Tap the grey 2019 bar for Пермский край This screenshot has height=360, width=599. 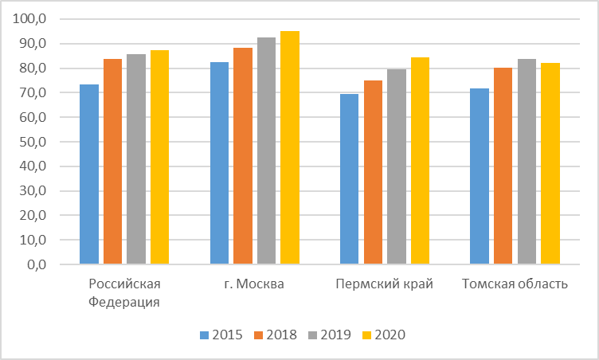click(x=397, y=166)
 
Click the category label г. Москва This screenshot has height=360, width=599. click(x=255, y=284)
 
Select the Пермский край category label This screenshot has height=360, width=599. click(x=385, y=284)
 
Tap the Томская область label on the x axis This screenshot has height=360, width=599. click(x=515, y=284)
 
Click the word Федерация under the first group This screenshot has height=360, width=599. click(x=124, y=301)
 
